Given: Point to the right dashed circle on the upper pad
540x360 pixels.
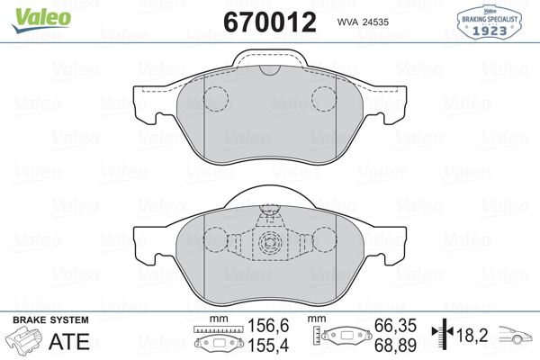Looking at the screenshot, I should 323,98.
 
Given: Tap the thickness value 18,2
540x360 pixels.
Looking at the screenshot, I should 472,335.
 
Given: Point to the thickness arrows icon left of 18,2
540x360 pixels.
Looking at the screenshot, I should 441,335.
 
